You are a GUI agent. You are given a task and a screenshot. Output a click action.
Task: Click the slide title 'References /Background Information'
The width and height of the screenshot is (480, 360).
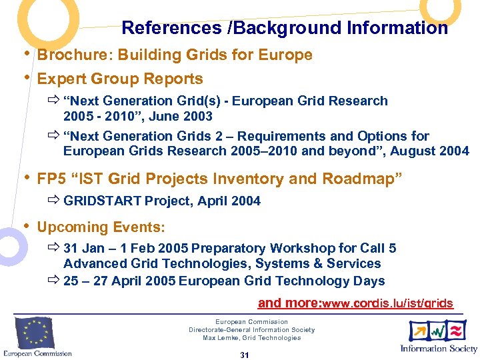click(285, 28)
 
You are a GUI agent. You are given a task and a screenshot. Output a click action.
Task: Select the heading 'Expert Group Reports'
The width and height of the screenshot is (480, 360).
click(120, 79)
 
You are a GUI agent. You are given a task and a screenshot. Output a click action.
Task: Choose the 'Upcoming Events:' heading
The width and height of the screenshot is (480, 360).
click(101, 227)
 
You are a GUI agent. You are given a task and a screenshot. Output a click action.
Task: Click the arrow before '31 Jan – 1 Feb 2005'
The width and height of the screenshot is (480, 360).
click(53, 249)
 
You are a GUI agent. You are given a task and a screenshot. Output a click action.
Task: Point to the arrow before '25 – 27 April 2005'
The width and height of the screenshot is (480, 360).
click(53, 281)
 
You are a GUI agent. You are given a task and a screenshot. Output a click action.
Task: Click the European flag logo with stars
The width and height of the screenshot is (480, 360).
click(35, 333)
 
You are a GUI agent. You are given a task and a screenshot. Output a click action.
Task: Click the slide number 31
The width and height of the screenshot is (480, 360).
click(244, 355)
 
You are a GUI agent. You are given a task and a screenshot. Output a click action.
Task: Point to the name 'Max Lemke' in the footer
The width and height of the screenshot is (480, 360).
click(219, 338)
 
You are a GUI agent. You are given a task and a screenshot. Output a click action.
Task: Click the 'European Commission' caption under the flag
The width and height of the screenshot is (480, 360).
click(37, 353)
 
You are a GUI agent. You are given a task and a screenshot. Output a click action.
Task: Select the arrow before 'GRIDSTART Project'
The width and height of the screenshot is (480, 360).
click(53, 201)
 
